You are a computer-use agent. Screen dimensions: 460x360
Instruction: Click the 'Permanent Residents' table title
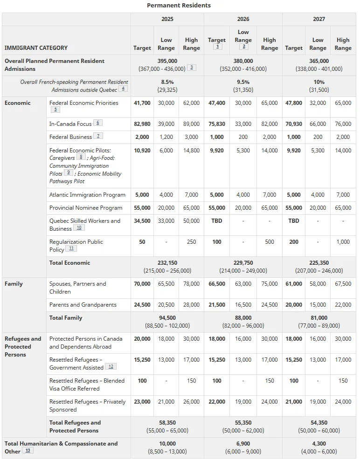coord(179,6)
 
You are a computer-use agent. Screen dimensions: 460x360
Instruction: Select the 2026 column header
coord(243,19)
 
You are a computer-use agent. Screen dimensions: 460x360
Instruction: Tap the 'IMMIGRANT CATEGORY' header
coord(36,48)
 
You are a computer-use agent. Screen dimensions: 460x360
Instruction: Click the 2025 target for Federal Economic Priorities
coord(142,103)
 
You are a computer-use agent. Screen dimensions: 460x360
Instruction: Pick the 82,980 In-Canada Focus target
coord(142,124)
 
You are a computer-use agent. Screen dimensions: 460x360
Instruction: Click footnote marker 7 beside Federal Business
coord(98,136)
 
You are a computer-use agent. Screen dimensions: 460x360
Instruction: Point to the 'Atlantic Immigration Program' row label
coord(87,195)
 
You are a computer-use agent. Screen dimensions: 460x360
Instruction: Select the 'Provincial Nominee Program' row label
coord(86,208)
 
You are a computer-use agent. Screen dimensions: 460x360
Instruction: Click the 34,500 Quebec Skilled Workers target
coord(142,221)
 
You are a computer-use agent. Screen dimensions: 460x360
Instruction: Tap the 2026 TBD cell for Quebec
coord(216,221)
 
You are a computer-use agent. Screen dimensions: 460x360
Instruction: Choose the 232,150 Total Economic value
coord(167,263)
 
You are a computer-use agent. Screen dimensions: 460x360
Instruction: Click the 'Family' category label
coord(14,284)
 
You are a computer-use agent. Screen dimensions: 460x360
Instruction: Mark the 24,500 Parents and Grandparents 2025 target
coord(142,305)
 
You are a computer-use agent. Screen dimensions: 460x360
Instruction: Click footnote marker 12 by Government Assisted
coord(111,367)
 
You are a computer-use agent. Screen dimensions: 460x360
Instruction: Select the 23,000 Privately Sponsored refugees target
coord(142,402)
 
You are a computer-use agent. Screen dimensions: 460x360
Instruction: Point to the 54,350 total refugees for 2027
coord(319,423)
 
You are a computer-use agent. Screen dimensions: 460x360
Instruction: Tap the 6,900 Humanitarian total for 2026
coord(243,444)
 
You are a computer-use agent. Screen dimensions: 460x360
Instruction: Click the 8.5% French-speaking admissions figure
coord(167,82)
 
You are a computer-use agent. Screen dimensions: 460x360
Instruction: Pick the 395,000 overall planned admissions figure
coord(167,61)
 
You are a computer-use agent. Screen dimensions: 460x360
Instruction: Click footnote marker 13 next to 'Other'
coord(28,451)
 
